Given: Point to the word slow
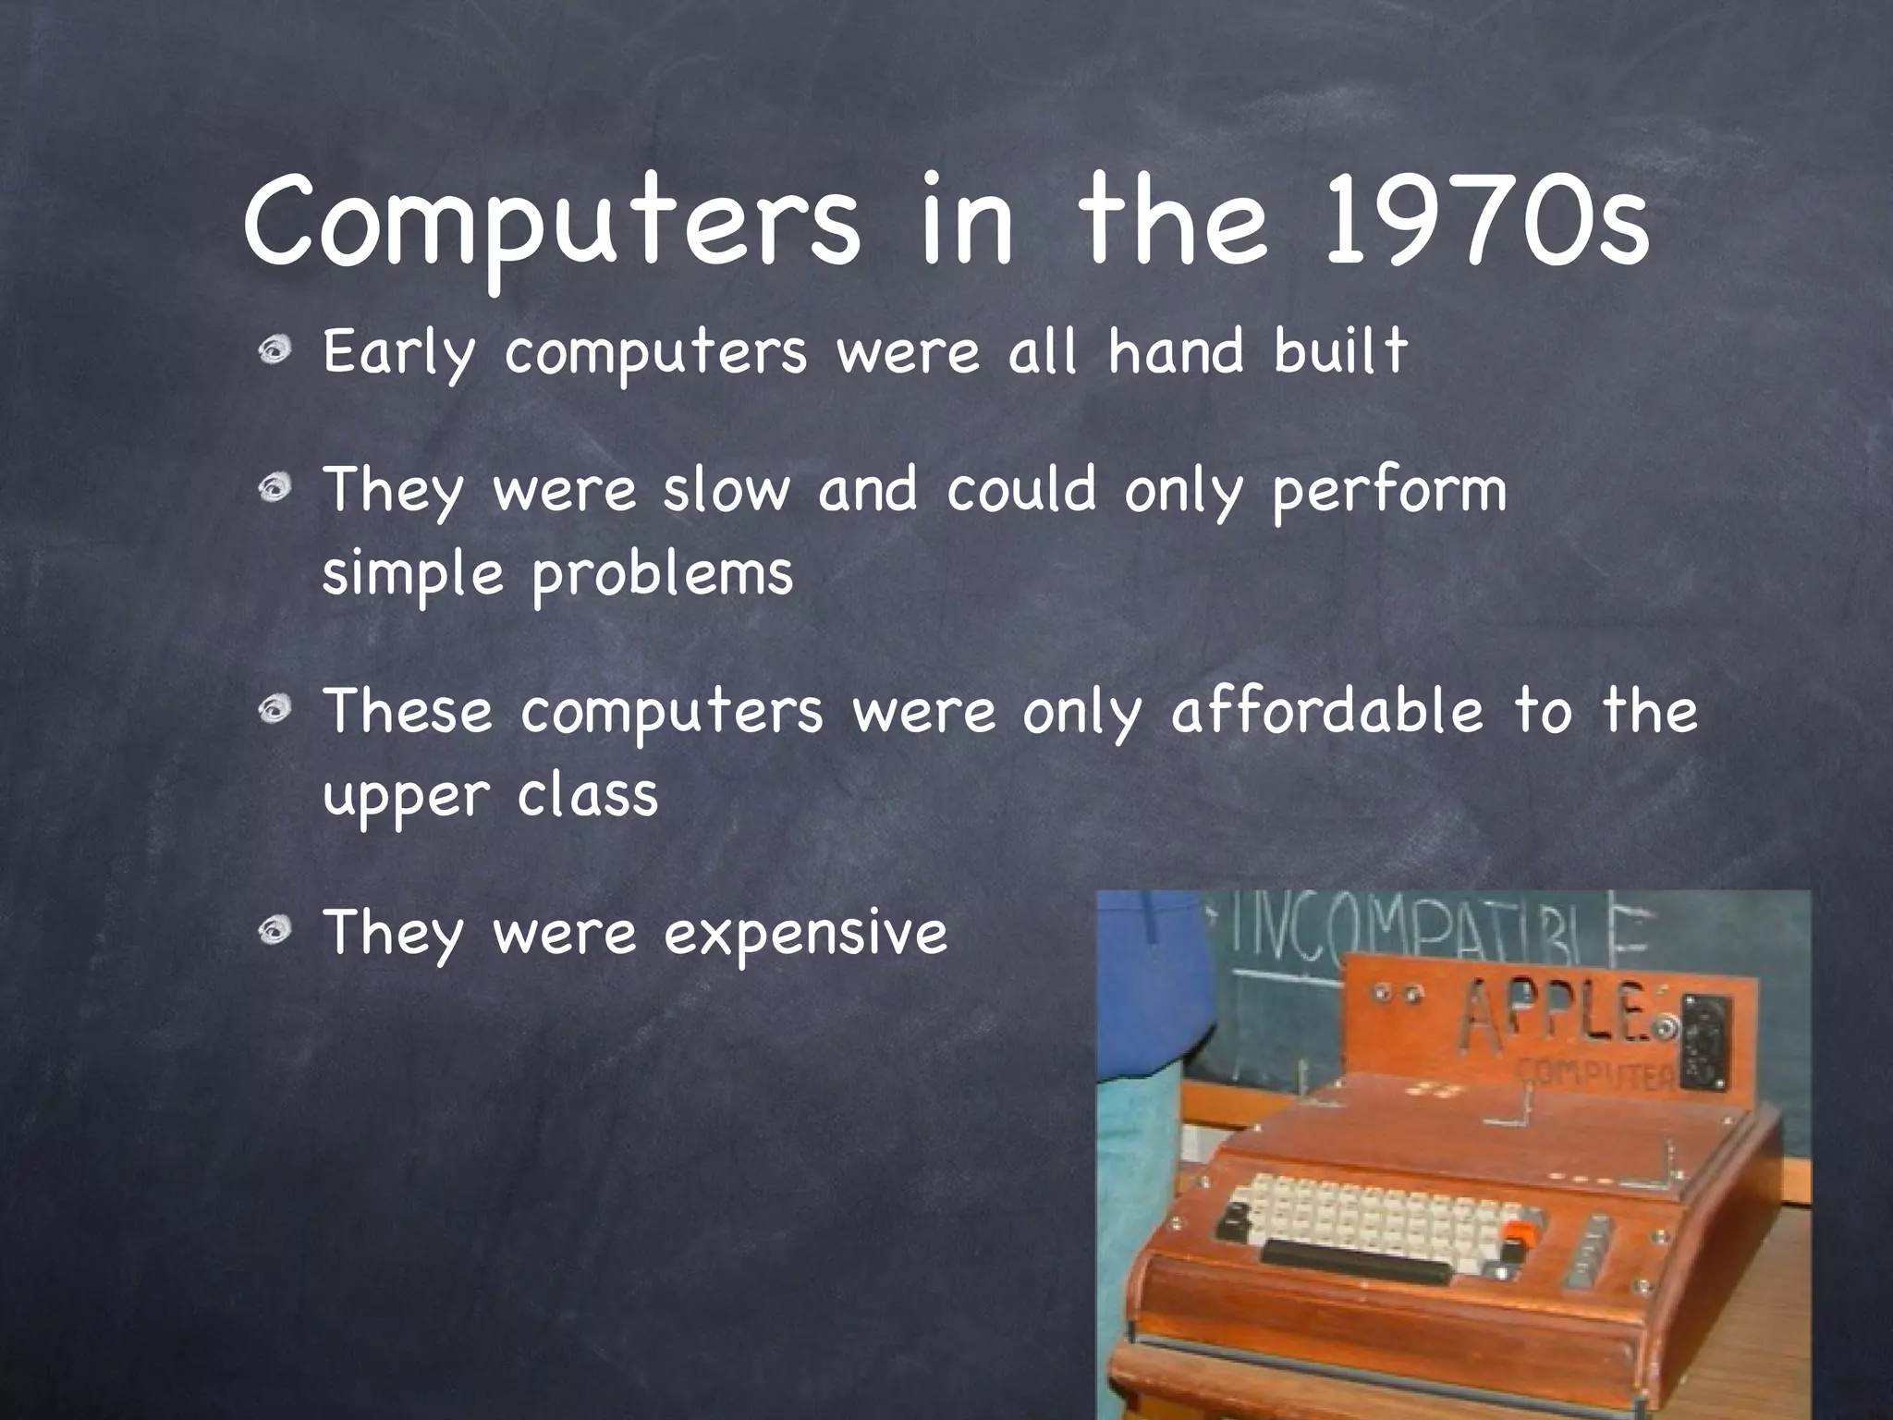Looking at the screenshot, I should pos(727,490).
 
